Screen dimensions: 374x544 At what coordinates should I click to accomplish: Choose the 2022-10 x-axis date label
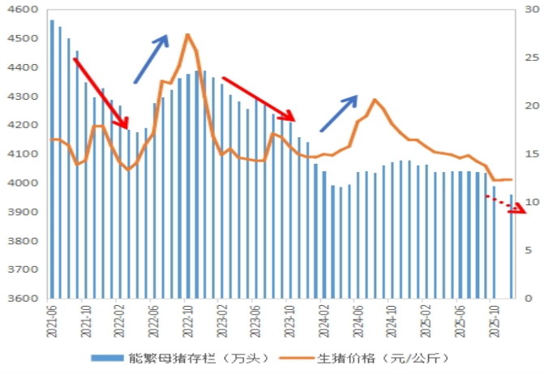pyautogui.click(x=188, y=317)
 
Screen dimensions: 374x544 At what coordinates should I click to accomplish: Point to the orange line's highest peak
pyautogui.click(x=188, y=35)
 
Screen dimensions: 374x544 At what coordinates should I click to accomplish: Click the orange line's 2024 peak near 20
pyautogui.click(x=375, y=100)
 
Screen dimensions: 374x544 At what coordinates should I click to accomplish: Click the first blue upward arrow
pyautogui.click(x=151, y=59)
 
